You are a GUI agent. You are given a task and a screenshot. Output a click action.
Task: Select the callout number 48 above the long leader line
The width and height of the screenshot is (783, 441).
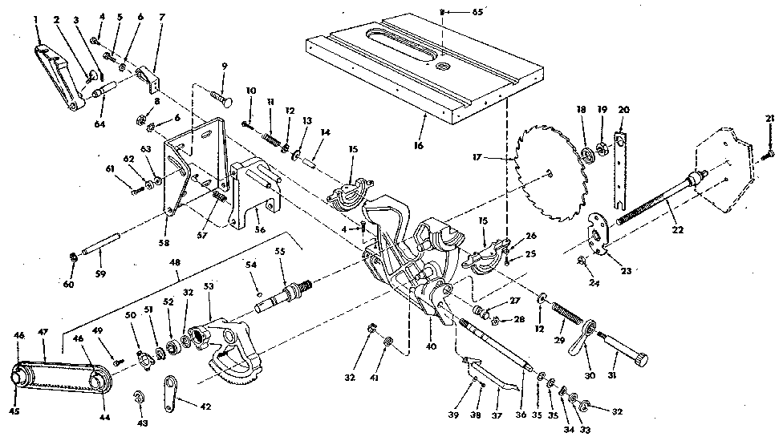click(x=176, y=261)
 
